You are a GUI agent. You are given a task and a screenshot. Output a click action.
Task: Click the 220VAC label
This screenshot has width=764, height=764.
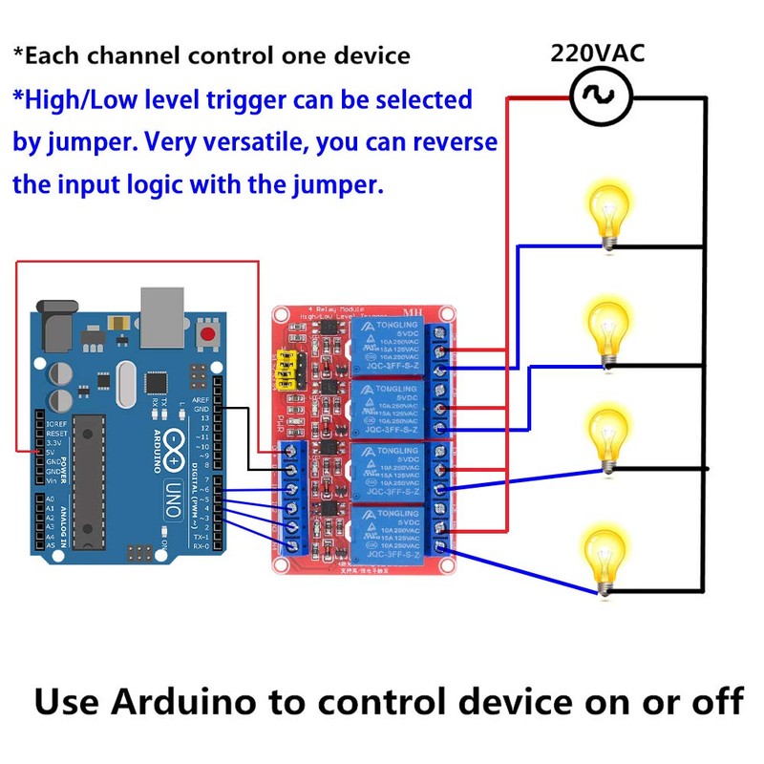(597, 53)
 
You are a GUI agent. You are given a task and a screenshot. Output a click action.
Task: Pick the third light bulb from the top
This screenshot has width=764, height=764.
(605, 435)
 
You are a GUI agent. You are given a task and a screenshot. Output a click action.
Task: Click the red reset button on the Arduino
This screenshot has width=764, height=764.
(206, 335)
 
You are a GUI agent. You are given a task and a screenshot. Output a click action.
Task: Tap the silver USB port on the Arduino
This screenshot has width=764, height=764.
(165, 315)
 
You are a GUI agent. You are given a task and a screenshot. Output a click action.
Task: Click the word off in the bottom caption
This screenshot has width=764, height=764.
(715, 702)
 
